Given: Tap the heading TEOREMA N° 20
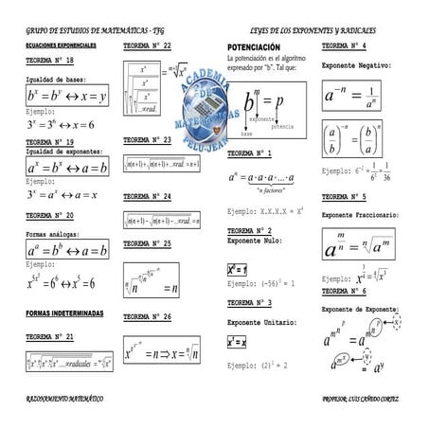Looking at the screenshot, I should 50,215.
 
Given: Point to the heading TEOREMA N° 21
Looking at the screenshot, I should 50,336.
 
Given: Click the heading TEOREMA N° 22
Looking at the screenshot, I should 147,46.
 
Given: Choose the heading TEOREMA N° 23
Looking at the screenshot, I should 147,139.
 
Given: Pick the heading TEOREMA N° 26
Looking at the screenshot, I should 147,316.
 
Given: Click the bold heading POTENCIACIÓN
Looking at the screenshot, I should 254,46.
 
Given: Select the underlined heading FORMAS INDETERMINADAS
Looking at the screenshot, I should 65,312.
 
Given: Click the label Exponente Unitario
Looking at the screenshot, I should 259,322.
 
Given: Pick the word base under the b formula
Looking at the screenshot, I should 245,135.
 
